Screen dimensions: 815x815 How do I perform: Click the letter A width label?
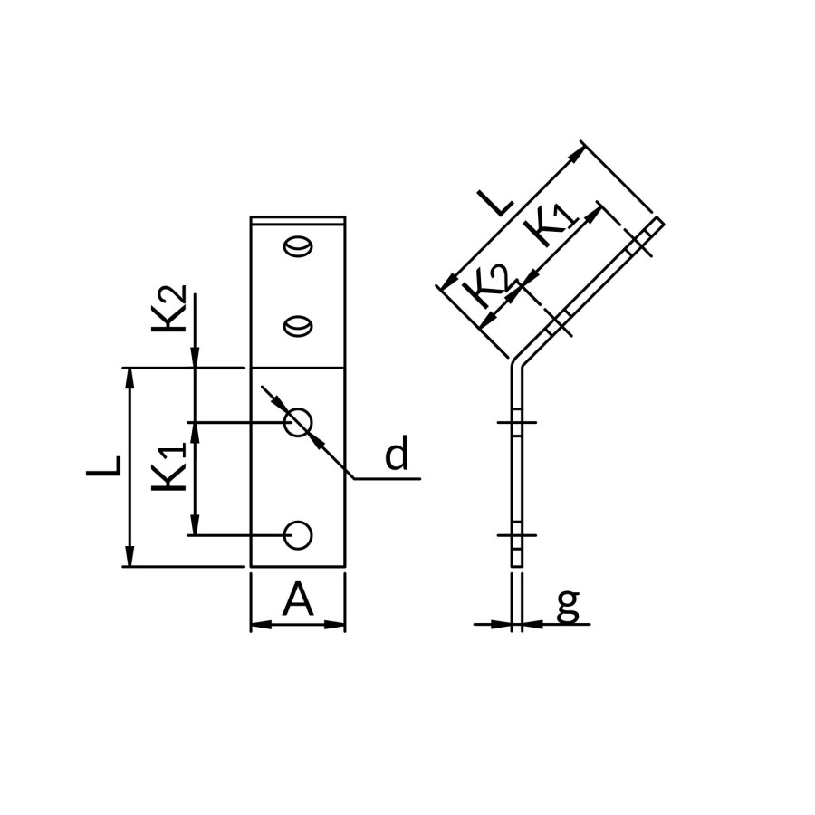coord(298,599)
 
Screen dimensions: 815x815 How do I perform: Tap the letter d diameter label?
coord(397,452)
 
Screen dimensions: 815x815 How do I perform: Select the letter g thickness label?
coord(568,606)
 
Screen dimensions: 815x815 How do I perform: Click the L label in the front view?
coord(103,465)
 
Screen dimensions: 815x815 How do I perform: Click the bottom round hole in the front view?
coord(298,535)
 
